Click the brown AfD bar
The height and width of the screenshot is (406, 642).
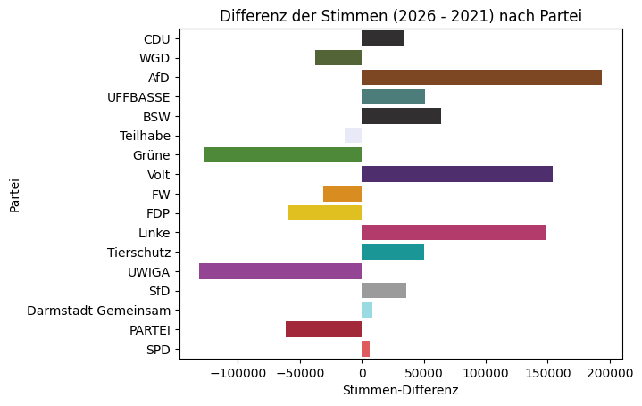tap(481, 78)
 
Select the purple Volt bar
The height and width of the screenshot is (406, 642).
tap(457, 174)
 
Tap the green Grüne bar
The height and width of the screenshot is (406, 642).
tap(282, 155)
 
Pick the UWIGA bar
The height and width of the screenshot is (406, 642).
tap(280, 271)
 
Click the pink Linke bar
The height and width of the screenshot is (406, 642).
tap(454, 233)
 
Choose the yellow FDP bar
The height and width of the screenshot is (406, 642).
tap(324, 213)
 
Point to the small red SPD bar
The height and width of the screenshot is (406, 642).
tap(365, 349)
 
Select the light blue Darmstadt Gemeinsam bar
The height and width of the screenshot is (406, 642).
tap(367, 311)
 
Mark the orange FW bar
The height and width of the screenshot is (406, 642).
tap(342, 194)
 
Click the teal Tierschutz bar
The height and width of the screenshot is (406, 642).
tap(393, 252)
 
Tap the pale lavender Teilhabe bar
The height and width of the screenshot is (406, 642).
tap(353, 136)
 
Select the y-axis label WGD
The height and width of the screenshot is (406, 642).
tap(155, 58)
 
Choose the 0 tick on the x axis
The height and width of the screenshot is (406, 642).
tap(362, 373)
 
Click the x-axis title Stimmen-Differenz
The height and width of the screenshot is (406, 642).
tap(400, 391)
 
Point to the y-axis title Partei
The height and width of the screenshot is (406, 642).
tap(15, 194)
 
